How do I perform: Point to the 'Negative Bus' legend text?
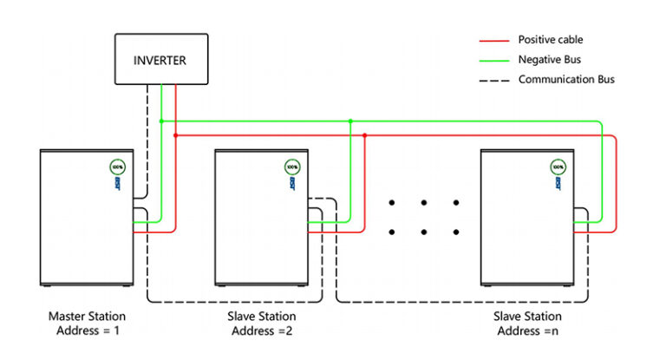551,60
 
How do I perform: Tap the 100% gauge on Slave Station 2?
292,166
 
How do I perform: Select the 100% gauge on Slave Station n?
556,166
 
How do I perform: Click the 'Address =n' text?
526,331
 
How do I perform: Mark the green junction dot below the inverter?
161,121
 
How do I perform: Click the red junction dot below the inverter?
176,135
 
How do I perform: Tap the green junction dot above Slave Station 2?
349,121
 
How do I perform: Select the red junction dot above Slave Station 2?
364,135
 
